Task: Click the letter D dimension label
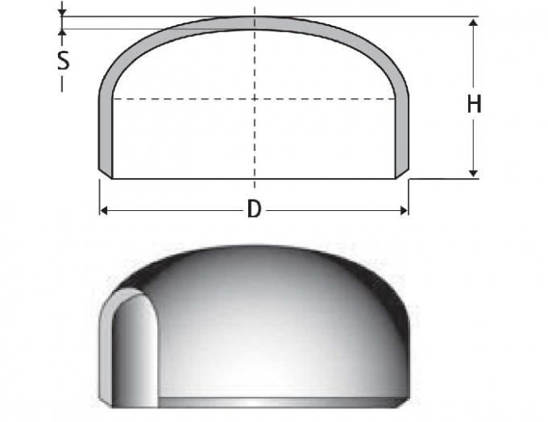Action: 254,209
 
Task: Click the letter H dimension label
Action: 475,104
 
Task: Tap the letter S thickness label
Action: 63,60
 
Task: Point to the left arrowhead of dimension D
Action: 104,210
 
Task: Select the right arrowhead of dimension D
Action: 404,210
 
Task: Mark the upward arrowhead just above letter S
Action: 63,33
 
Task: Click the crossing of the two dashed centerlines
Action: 255,98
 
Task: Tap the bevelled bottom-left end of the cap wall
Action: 106,172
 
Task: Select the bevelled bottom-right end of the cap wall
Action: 402,172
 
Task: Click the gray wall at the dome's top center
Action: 255,23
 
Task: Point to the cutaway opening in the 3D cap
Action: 133,346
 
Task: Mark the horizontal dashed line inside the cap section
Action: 185,98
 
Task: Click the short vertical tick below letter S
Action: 63,84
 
